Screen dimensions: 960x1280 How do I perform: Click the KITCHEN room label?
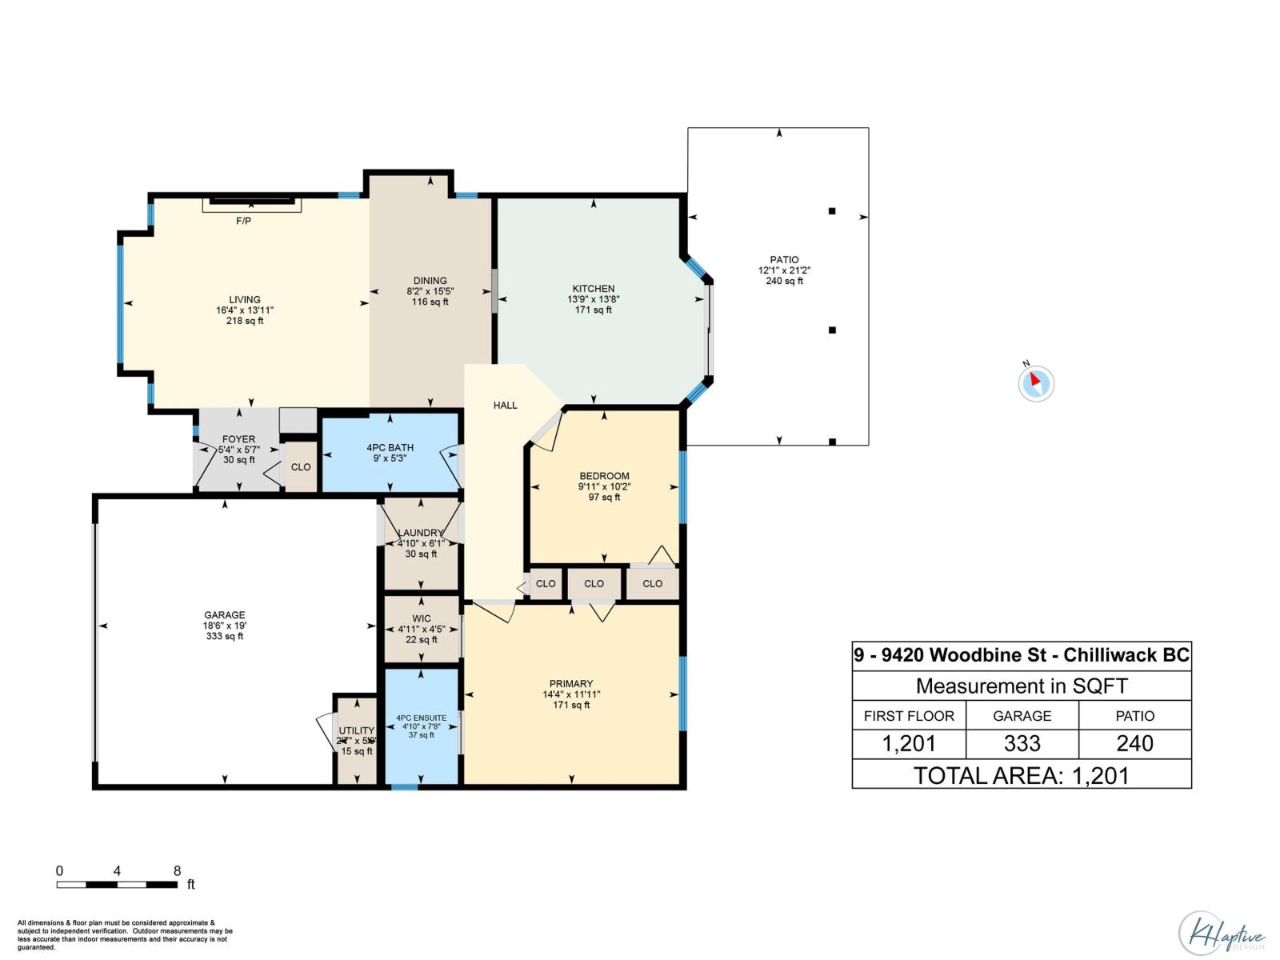tap(593, 289)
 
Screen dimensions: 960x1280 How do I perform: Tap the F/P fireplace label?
tap(243, 221)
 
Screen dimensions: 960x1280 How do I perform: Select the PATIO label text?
tap(784, 260)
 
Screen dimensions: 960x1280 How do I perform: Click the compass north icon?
tap(1036, 382)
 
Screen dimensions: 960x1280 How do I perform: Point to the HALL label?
tap(505, 406)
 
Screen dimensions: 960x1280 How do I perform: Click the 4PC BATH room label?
tap(390, 448)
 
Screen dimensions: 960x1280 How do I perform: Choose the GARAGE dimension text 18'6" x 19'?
tap(224, 626)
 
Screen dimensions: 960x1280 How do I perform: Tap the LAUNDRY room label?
tap(420, 533)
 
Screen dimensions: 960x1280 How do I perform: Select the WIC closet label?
tap(422, 618)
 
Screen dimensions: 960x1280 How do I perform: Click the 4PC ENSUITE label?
tap(421, 718)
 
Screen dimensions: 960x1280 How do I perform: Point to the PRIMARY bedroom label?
tap(571, 684)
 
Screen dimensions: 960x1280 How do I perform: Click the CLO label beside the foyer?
tap(301, 467)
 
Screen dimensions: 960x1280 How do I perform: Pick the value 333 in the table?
tap(1022, 744)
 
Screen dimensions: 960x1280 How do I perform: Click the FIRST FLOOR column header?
tap(909, 716)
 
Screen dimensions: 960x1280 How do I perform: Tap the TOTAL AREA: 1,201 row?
tap(1022, 775)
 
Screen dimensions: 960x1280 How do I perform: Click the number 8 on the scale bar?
tap(177, 871)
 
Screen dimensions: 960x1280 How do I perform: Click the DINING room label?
tap(430, 281)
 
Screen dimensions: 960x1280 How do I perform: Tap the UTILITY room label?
tap(356, 730)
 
